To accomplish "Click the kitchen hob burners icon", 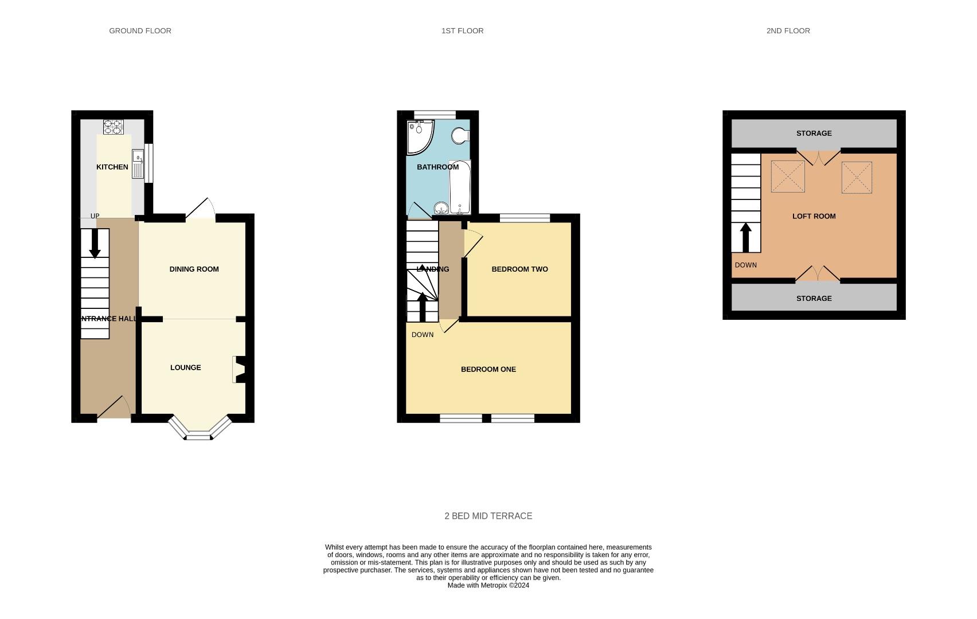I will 113,127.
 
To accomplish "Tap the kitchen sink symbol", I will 138,164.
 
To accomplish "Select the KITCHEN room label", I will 112,167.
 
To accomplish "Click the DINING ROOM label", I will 194,269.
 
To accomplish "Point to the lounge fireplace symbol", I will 239,370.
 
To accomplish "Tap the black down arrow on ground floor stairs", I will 95,244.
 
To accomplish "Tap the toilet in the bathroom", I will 460,136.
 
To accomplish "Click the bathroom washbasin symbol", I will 441,208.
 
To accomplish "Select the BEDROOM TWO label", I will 519,269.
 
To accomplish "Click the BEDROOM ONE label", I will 488,370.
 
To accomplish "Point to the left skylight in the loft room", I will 788,177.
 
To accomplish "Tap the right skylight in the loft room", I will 857,177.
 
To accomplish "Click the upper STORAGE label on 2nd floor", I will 814,134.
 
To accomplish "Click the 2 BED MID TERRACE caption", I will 488,516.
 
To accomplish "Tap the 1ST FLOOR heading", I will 462,31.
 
